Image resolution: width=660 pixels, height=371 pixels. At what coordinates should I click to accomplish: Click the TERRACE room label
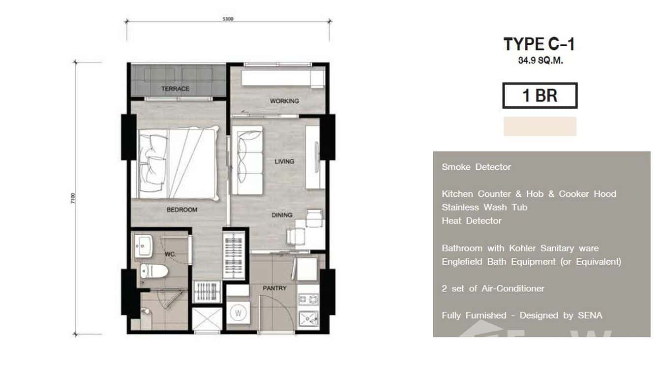(175, 89)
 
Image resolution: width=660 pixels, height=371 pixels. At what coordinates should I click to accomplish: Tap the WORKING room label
(284, 101)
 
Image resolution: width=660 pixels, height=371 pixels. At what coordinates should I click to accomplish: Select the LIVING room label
(284, 161)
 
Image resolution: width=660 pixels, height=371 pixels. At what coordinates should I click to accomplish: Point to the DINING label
(282, 215)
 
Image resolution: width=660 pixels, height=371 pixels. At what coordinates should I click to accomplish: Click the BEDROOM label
(181, 210)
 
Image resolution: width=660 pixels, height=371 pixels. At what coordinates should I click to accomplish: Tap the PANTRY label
(274, 288)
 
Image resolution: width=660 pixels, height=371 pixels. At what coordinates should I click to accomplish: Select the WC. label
(170, 254)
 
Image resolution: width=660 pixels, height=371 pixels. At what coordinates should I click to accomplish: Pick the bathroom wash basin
(145, 245)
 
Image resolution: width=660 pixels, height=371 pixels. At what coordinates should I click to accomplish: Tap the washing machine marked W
(238, 312)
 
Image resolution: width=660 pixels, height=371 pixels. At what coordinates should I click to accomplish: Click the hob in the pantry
(308, 299)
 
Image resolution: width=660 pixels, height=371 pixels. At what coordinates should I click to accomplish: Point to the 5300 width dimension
(228, 19)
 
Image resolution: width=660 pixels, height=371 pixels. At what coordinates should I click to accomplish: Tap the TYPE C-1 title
(539, 44)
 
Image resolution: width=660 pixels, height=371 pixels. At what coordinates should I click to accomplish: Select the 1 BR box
(540, 95)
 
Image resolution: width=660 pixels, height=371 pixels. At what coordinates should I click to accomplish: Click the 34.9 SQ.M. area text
(540, 62)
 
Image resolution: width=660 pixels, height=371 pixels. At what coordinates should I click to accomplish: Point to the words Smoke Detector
(476, 167)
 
